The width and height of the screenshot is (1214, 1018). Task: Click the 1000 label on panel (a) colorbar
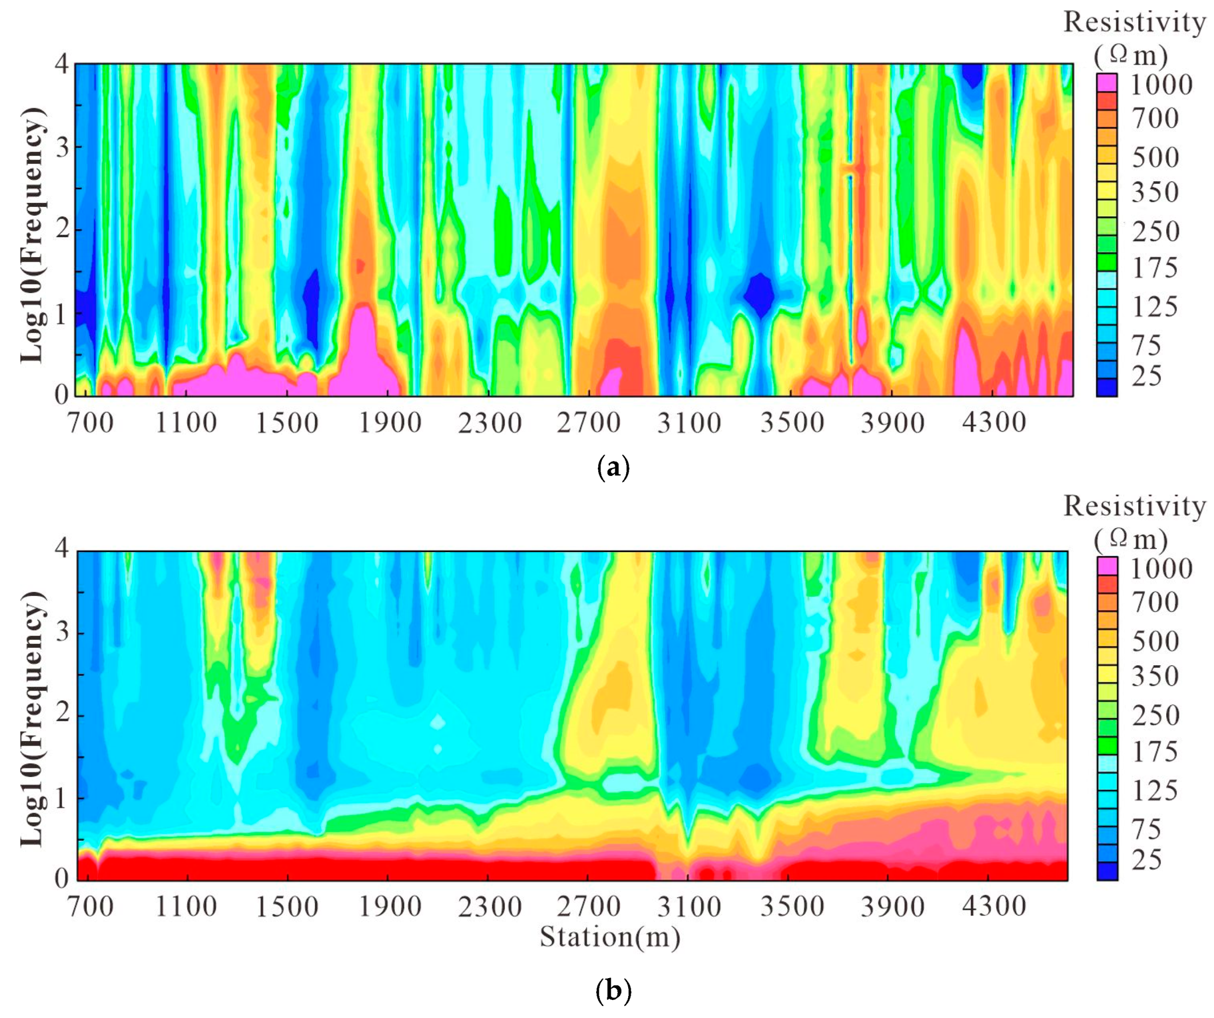(1161, 85)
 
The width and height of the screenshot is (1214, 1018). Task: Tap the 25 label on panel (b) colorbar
(1146, 860)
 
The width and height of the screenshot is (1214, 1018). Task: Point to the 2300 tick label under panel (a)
(490, 423)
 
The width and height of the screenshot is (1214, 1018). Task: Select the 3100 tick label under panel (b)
(689, 907)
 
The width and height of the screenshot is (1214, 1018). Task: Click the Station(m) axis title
(610, 937)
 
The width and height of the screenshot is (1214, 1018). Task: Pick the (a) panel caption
(612, 467)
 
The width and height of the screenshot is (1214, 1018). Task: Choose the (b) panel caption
(613, 991)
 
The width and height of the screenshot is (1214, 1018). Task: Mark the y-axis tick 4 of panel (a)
(62, 64)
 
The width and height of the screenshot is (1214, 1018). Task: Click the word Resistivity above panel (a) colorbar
(1134, 22)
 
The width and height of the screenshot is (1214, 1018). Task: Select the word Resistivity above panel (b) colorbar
(1134, 506)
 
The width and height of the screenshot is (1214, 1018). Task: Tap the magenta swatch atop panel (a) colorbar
(1107, 83)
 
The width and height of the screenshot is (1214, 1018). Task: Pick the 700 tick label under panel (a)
(91, 423)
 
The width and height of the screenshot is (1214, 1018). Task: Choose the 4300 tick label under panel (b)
(994, 907)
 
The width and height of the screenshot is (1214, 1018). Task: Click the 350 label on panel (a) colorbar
(1155, 192)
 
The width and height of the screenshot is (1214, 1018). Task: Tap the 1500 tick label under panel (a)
(287, 423)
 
